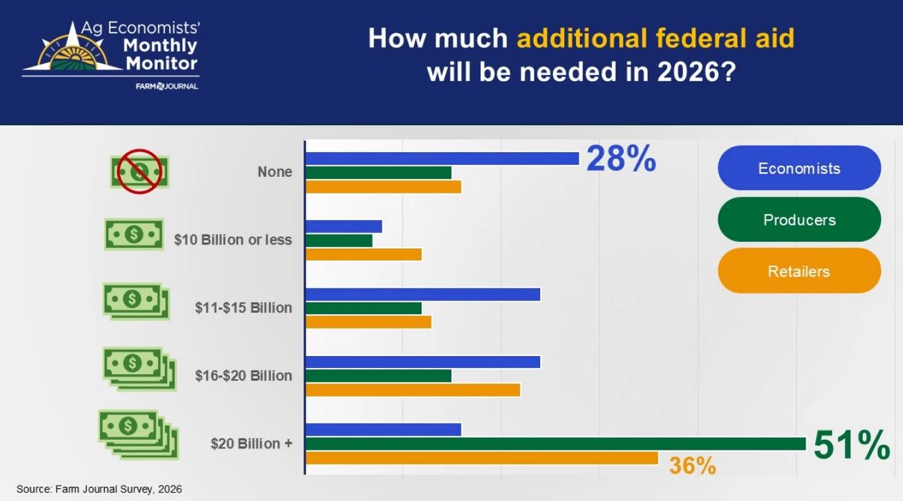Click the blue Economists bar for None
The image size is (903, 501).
(442, 158)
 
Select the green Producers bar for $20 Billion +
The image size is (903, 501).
(555, 443)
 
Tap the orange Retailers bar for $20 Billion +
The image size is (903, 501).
(481, 458)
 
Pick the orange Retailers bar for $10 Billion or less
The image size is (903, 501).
(363, 255)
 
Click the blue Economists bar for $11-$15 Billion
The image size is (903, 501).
(422, 294)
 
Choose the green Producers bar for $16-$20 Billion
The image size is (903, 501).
(378, 375)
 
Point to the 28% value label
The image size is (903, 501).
(621, 159)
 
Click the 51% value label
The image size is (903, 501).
(851, 445)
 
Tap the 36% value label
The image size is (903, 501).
(692, 466)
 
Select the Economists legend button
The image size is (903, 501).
(799, 168)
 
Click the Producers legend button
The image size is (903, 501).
(799, 219)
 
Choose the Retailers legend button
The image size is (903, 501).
(799, 271)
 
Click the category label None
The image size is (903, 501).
(275, 172)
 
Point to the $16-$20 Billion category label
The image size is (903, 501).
(243, 375)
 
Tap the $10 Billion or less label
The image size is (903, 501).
(233, 240)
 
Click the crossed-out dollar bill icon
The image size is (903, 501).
(139, 171)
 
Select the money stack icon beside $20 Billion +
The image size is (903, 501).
(137, 434)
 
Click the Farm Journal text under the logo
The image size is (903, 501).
(166, 86)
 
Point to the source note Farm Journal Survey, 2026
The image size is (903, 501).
(99, 489)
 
